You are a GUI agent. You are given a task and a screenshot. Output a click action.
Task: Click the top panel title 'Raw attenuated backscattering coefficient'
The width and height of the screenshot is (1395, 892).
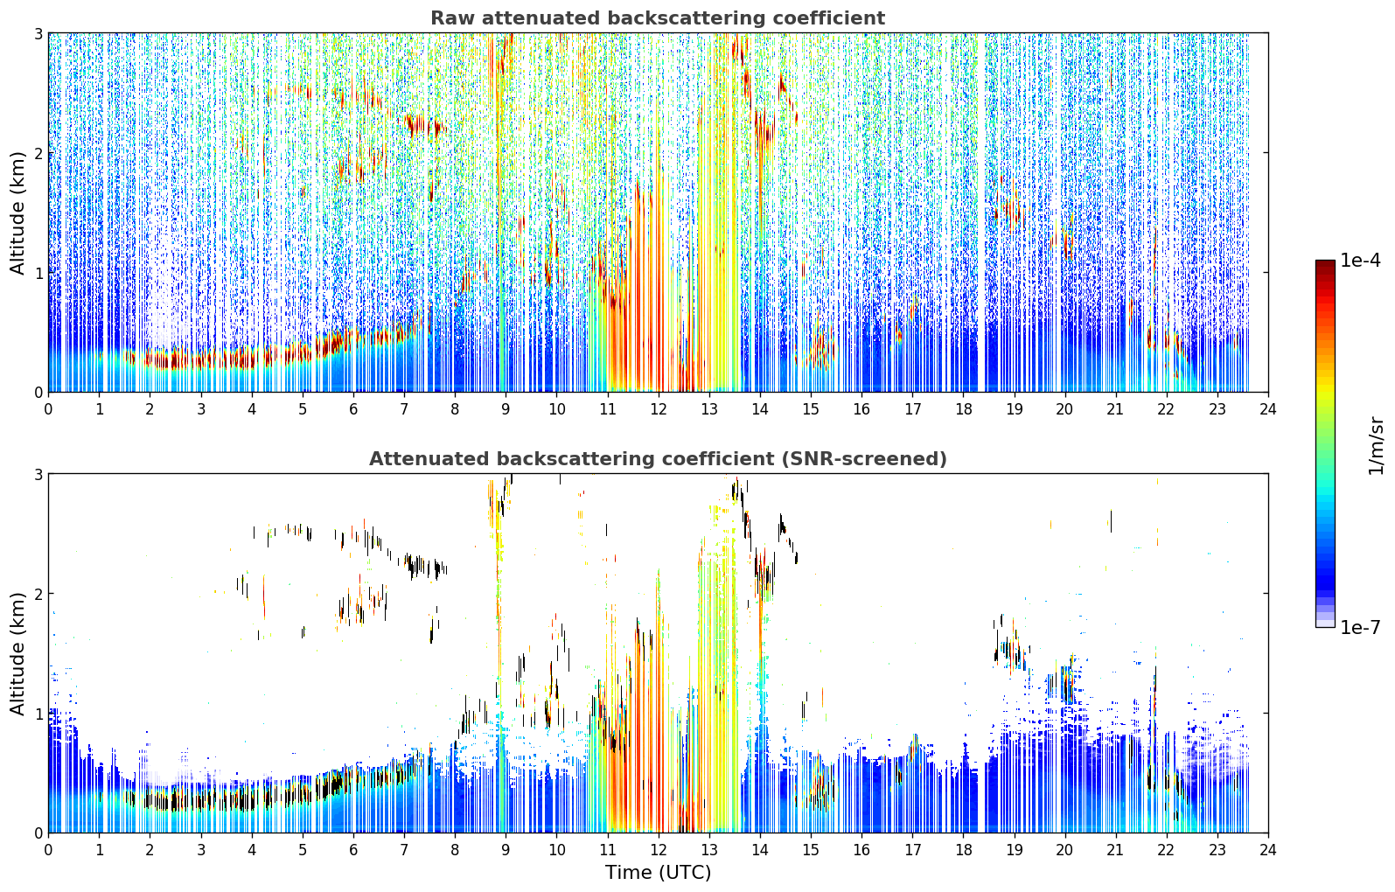click(x=658, y=18)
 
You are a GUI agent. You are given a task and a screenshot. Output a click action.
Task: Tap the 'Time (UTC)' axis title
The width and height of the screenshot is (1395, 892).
click(x=658, y=872)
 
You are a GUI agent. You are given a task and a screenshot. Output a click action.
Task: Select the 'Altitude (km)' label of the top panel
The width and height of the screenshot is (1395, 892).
click(x=18, y=213)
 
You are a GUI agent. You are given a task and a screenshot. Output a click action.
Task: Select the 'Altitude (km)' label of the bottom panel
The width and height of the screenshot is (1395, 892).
click(x=18, y=652)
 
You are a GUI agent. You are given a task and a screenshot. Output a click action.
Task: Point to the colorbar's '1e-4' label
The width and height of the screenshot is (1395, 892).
click(x=1360, y=261)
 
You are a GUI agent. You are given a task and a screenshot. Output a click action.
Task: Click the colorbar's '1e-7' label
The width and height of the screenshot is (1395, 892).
click(x=1360, y=627)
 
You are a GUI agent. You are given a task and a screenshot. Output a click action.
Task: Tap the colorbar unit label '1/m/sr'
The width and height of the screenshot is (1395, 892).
click(x=1377, y=446)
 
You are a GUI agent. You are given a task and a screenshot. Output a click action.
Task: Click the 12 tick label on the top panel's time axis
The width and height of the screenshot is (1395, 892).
click(x=659, y=409)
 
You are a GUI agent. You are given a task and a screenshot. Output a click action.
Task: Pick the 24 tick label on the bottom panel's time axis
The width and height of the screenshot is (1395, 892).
click(x=1268, y=850)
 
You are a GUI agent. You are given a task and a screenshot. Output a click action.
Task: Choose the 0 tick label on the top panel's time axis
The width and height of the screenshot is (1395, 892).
click(x=49, y=409)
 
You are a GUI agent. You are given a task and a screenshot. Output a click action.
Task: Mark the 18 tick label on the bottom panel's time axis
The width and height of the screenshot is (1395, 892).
click(x=963, y=850)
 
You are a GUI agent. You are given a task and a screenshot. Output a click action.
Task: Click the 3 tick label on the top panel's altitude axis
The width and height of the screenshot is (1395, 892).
click(x=38, y=33)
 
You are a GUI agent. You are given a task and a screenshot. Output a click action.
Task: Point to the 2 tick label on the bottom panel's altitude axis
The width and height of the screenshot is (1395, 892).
click(x=38, y=594)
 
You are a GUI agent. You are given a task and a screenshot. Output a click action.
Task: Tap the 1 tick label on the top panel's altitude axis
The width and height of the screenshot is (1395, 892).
click(x=38, y=273)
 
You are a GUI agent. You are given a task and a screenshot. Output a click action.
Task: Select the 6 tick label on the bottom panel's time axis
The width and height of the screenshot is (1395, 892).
click(x=353, y=850)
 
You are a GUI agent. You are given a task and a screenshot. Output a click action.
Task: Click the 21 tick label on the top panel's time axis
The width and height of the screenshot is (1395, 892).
click(x=1115, y=409)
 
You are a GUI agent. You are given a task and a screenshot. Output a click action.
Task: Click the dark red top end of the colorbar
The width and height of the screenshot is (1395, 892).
click(x=1325, y=264)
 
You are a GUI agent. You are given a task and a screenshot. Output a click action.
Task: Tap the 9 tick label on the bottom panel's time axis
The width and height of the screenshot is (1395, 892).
click(x=506, y=850)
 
